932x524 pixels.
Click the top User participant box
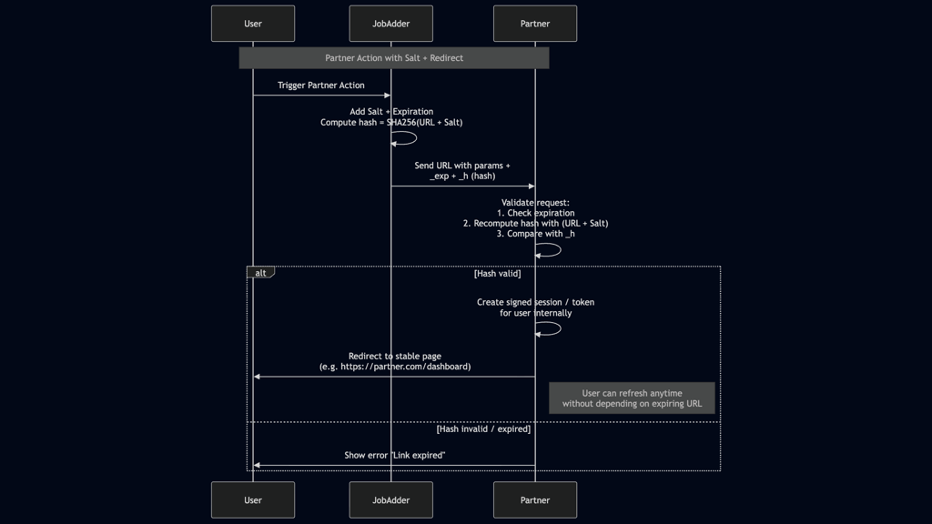point(253,24)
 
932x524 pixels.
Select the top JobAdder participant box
point(390,24)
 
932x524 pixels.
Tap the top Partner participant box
point(535,24)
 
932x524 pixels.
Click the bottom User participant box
point(253,499)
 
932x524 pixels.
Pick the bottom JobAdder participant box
point(390,499)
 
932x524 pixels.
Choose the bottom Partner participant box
point(535,499)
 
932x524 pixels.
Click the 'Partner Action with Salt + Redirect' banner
point(394,58)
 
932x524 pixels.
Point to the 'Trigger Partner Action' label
point(321,86)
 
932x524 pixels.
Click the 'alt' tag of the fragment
point(260,273)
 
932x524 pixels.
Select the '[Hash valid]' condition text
point(497,273)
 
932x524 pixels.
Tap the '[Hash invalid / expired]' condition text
point(483,428)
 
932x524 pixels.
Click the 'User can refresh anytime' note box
point(632,398)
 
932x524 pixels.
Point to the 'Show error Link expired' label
point(394,455)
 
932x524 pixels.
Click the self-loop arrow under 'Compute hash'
point(406,138)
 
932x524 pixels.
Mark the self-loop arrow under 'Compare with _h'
point(550,250)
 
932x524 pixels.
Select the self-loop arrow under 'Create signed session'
point(550,329)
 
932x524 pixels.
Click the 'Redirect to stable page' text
point(394,357)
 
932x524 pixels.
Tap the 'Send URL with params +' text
point(462,166)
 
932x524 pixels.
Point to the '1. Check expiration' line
point(535,213)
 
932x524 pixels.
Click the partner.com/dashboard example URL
point(395,367)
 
